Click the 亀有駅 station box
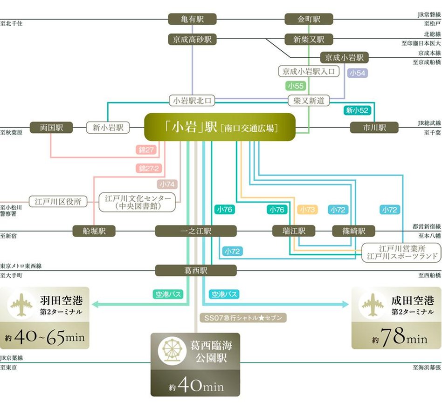[186, 19]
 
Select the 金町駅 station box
[309, 19]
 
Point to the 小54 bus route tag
[357, 73]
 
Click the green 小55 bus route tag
[296, 86]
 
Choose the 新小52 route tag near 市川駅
[357, 110]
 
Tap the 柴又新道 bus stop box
[309, 100]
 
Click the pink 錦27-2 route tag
[149, 168]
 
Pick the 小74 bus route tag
[167, 184]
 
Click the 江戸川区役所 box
[58, 202]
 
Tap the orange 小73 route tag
[308, 210]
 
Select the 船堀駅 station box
[94, 231]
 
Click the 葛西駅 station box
[196, 270]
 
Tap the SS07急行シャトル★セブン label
[242, 318]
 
